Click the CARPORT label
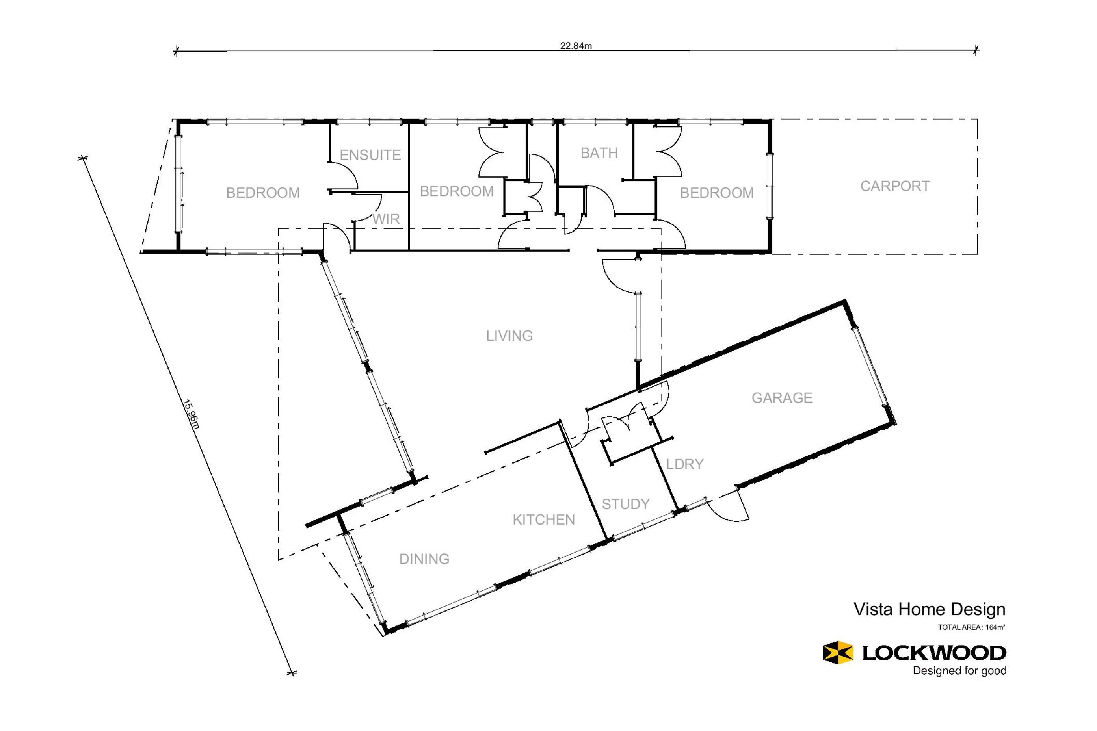pos(894,186)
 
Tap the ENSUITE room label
pos(370,155)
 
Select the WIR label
pos(386,219)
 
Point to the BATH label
pos(599,153)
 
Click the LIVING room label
pos(509,336)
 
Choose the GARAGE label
pos(782,398)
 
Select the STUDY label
pos(625,504)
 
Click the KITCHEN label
pos(543,520)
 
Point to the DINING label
pos(424,559)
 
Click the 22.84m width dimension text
pos(576,46)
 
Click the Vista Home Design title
pos(930,609)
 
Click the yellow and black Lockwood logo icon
pos(838,652)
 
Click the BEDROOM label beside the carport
pos(716,193)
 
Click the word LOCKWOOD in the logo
pos(934,653)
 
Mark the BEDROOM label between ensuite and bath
pos(457,191)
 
